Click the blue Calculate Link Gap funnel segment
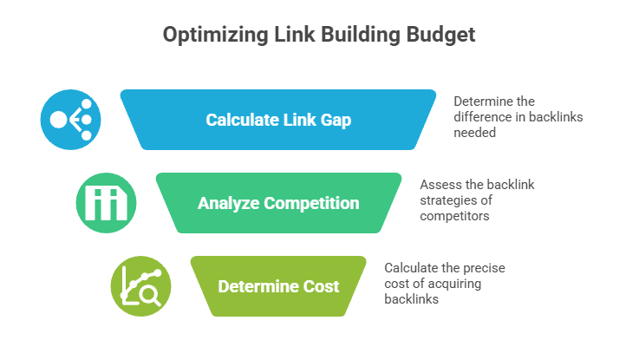[x=277, y=120]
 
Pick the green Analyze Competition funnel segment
[x=277, y=204]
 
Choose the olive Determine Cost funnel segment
[x=277, y=287]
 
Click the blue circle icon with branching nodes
[x=70, y=120]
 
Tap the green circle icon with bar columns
[x=106, y=203]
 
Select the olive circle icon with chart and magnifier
[x=140, y=286]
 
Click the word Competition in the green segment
[x=313, y=204]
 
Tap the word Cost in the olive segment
[x=322, y=287]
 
